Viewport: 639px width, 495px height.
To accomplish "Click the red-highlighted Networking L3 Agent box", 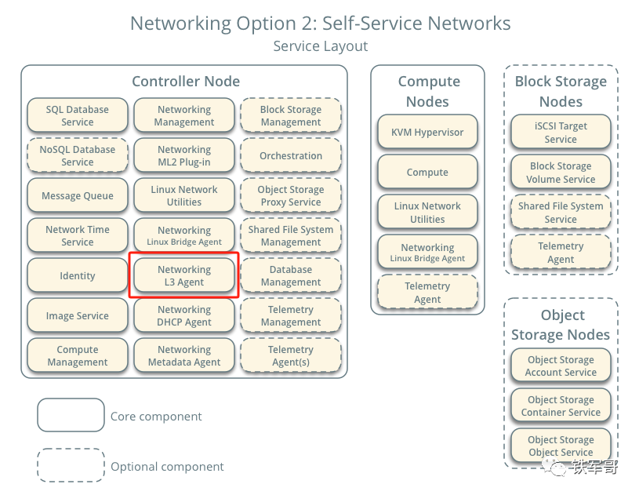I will pos(184,275).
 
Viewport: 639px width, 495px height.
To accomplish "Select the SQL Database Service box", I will pos(77,115).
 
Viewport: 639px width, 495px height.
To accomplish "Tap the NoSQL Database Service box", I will pos(77,155).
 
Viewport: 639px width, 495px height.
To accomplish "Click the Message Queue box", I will pos(77,195).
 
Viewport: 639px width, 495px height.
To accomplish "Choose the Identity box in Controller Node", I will pos(77,275).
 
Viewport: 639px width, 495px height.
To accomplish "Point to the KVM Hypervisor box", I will pos(427,133).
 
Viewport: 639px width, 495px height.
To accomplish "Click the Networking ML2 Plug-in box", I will pos(184,155).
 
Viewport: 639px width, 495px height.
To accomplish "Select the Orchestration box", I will pos(291,155).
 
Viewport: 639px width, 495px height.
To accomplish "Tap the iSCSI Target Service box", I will pos(561,133).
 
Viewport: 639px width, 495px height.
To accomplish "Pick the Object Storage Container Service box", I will pos(561,406).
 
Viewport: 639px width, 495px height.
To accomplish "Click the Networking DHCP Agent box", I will pos(184,315).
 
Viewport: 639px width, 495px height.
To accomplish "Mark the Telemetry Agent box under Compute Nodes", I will pos(427,293).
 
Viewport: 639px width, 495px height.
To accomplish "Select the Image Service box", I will pos(77,315).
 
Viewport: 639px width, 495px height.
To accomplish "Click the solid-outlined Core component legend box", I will pos(71,415).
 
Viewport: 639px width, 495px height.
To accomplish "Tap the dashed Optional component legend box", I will pos(71,465).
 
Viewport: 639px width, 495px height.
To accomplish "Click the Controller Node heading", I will pos(186,82).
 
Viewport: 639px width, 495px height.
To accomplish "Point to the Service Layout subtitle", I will pos(320,46).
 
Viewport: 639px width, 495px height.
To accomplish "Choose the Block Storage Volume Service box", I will pos(561,173).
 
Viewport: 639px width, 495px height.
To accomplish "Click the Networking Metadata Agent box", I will pos(184,355).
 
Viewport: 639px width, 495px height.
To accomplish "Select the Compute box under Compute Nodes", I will pos(427,173).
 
